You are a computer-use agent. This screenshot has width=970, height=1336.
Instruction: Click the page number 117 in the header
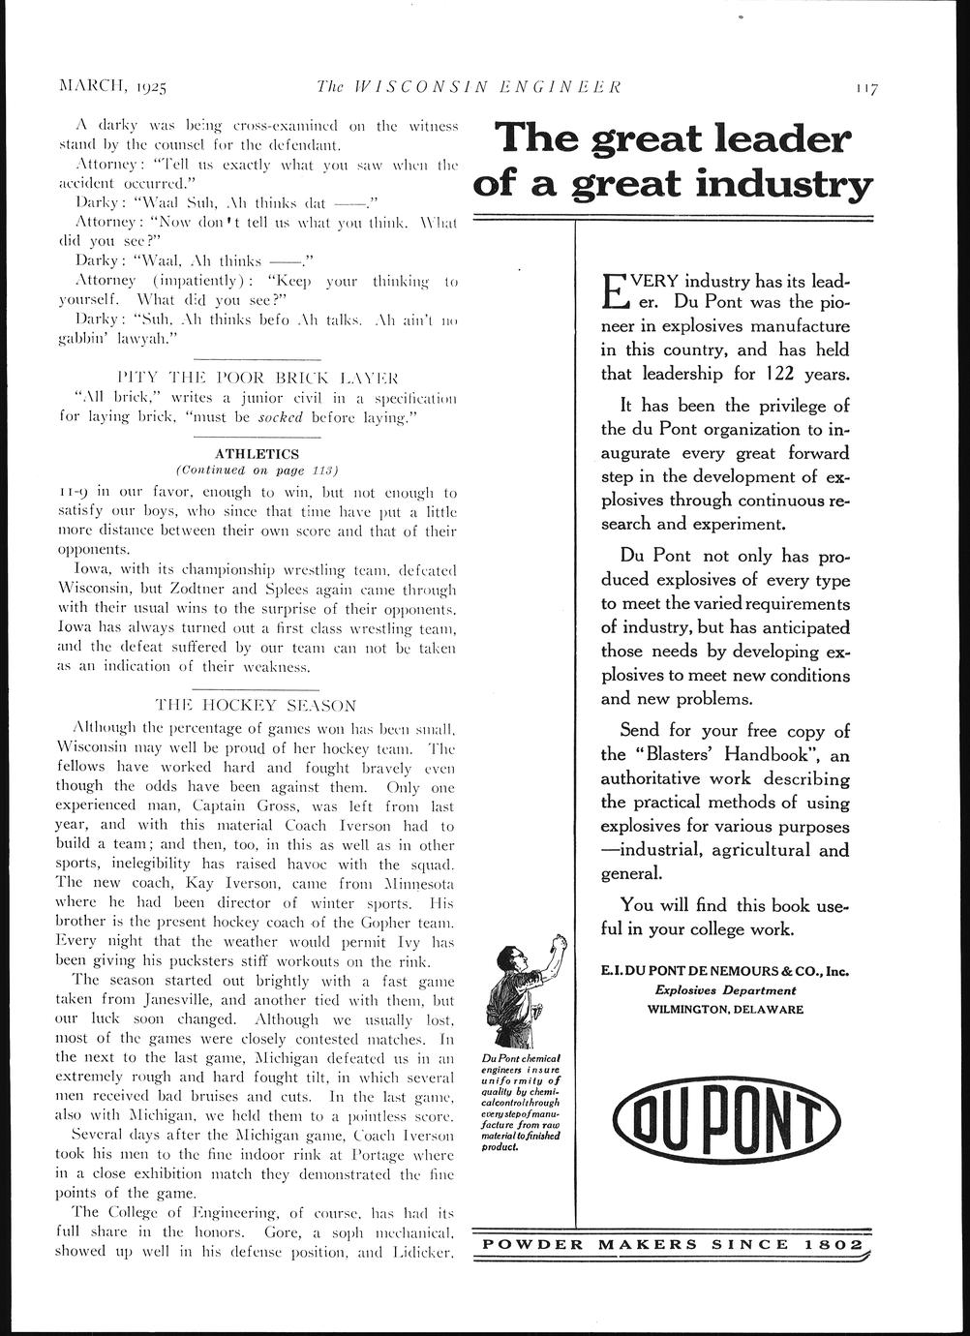coord(865,88)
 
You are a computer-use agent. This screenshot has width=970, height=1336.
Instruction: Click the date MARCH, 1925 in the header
coord(114,87)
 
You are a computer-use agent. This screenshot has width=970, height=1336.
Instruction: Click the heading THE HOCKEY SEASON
coord(256,705)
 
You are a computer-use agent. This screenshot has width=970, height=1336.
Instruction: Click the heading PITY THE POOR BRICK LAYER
coord(257,376)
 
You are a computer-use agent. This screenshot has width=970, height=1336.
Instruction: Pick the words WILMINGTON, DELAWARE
coord(725,1009)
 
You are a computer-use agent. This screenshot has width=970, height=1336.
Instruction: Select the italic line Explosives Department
coord(725,990)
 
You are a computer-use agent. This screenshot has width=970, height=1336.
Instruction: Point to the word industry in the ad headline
coord(775,183)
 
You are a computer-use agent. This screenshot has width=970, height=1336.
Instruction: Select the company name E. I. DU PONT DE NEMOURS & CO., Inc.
coord(725,971)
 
